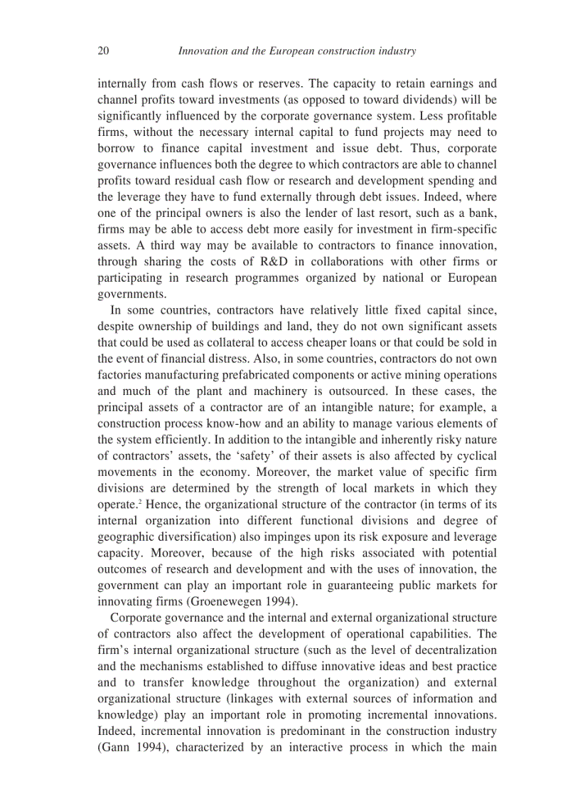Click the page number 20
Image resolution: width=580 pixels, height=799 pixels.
[x=102, y=51]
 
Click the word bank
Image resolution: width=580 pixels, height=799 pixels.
[x=481, y=212]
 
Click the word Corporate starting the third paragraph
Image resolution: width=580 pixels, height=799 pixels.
[x=136, y=618]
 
